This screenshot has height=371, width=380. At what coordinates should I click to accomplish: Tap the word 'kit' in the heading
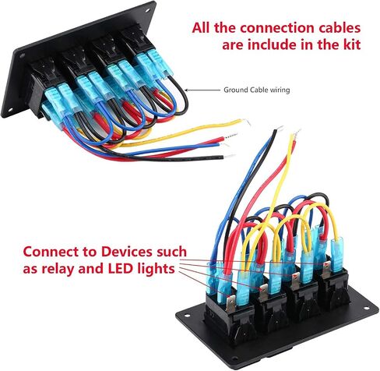pos(353,44)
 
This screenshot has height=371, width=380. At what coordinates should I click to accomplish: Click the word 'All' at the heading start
pos(202,28)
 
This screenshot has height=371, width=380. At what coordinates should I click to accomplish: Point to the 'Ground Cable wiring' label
pos(257,90)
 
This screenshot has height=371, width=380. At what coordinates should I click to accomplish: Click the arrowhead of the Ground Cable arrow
pos(186,90)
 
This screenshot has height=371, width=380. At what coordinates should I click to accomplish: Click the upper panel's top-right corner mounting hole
pos(148,11)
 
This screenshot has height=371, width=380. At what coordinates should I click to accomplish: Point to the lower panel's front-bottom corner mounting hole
pos(235,359)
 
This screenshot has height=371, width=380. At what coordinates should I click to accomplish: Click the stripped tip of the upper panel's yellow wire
pos(246,122)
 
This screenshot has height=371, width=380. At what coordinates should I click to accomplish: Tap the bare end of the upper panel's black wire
pos(229,157)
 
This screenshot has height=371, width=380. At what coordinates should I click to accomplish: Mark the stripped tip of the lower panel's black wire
pos(280,128)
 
